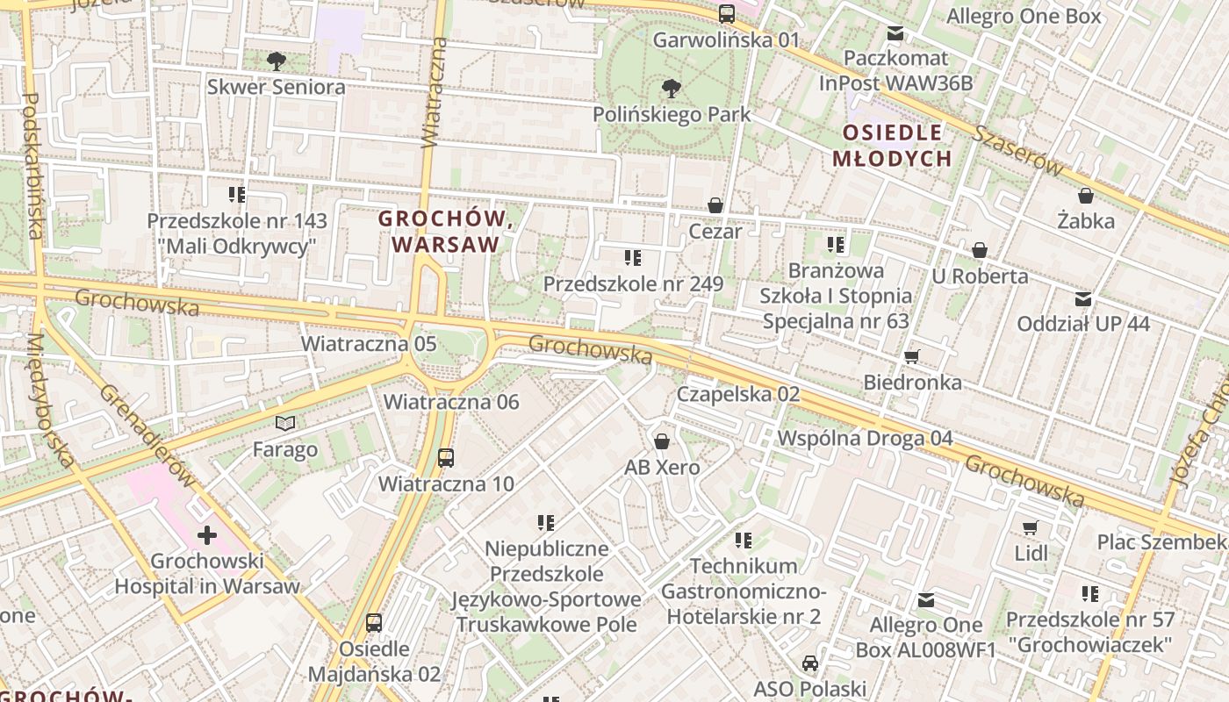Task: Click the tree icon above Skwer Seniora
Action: click(x=277, y=61)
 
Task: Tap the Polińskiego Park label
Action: click(x=672, y=114)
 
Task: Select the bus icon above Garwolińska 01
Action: click(x=726, y=13)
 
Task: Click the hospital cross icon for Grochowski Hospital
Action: click(x=207, y=534)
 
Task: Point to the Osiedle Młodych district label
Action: click(x=892, y=146)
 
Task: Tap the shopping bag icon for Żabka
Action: click(x=1086, y=195)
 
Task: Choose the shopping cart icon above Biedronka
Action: click(x=912, y=356)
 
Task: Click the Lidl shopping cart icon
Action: click(x=1031, y=527)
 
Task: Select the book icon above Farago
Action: click(x=285, y=424)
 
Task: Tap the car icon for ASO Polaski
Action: click(x=809, y=663)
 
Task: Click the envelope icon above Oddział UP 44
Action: click(x=1083, y=298)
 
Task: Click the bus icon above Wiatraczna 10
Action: click(x=446, y=457)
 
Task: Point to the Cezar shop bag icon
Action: click(x=715, y=205)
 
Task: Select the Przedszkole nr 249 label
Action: click(x=633, y=283)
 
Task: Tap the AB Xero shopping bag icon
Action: click(x=662, y=441)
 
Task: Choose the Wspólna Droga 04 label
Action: click(x=865, y=437)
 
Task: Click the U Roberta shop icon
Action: click(x=980, y=250)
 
